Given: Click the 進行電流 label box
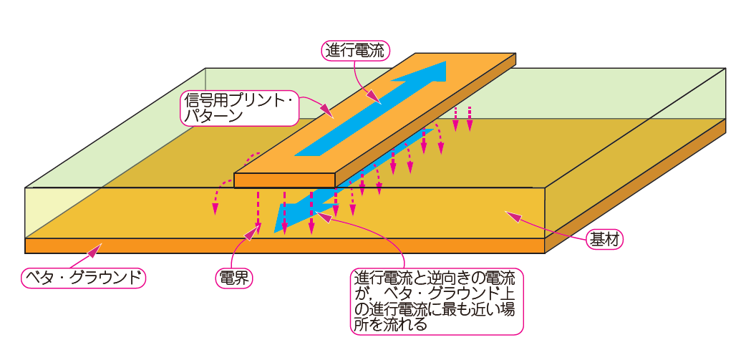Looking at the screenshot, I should click(x=354, y=50).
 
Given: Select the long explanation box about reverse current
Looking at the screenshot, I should click(x=436, y=301).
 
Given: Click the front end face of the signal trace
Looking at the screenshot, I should click(x=284, y=180).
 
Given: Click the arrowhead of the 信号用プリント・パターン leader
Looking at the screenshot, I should click(x=329, y=114).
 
